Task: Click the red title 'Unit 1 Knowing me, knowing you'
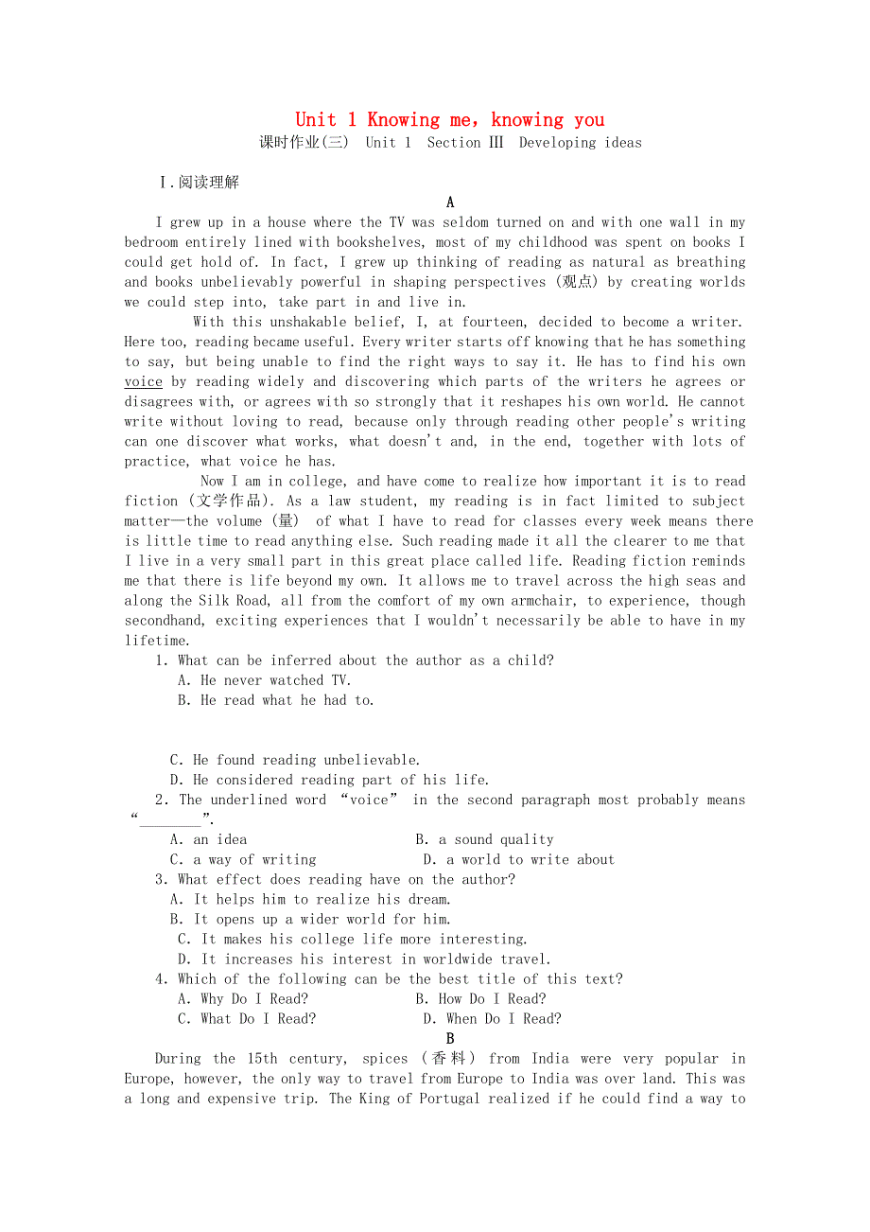[449, 119]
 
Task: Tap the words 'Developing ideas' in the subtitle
[580, 143]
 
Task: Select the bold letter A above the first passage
[450, 202]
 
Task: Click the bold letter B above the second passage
[450, 1039]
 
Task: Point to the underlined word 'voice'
[143, 381]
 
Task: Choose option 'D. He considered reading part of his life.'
[329, 780]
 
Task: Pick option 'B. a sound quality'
[484, 839]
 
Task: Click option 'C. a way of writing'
[243, 859]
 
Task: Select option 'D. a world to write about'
[518, 859]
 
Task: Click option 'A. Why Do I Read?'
[243, 998]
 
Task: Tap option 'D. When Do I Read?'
[492, 1018]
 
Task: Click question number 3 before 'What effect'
[161, 879]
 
